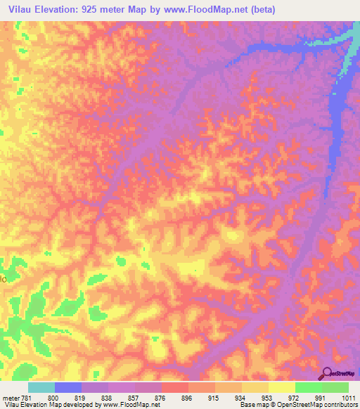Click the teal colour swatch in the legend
coord(41,387)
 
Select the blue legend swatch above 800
coord(68,387)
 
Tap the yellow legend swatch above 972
coord(282,387)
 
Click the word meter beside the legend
coord(10,397)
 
